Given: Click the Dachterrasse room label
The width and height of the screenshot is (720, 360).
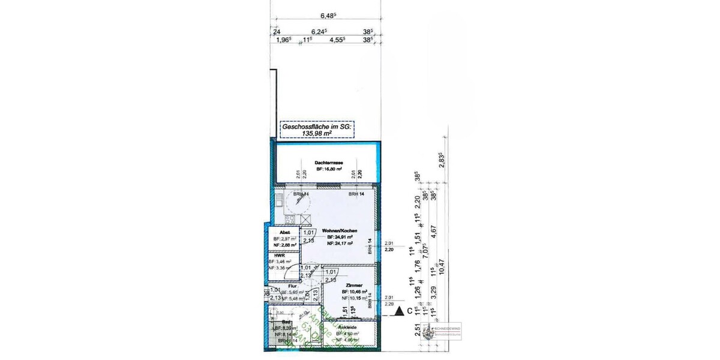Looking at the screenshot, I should (328, 163).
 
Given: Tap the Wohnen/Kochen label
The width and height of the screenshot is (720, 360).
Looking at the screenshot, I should (340, 230).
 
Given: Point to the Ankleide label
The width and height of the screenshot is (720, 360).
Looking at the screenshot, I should (349, 327).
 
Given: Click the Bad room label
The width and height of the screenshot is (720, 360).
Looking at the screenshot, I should (278, 322).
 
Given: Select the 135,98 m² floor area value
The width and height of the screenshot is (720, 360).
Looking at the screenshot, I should (316, 133).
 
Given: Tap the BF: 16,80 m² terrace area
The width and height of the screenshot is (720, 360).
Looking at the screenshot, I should (329, 170).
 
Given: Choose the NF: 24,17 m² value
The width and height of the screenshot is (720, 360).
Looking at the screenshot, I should (340, 243).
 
